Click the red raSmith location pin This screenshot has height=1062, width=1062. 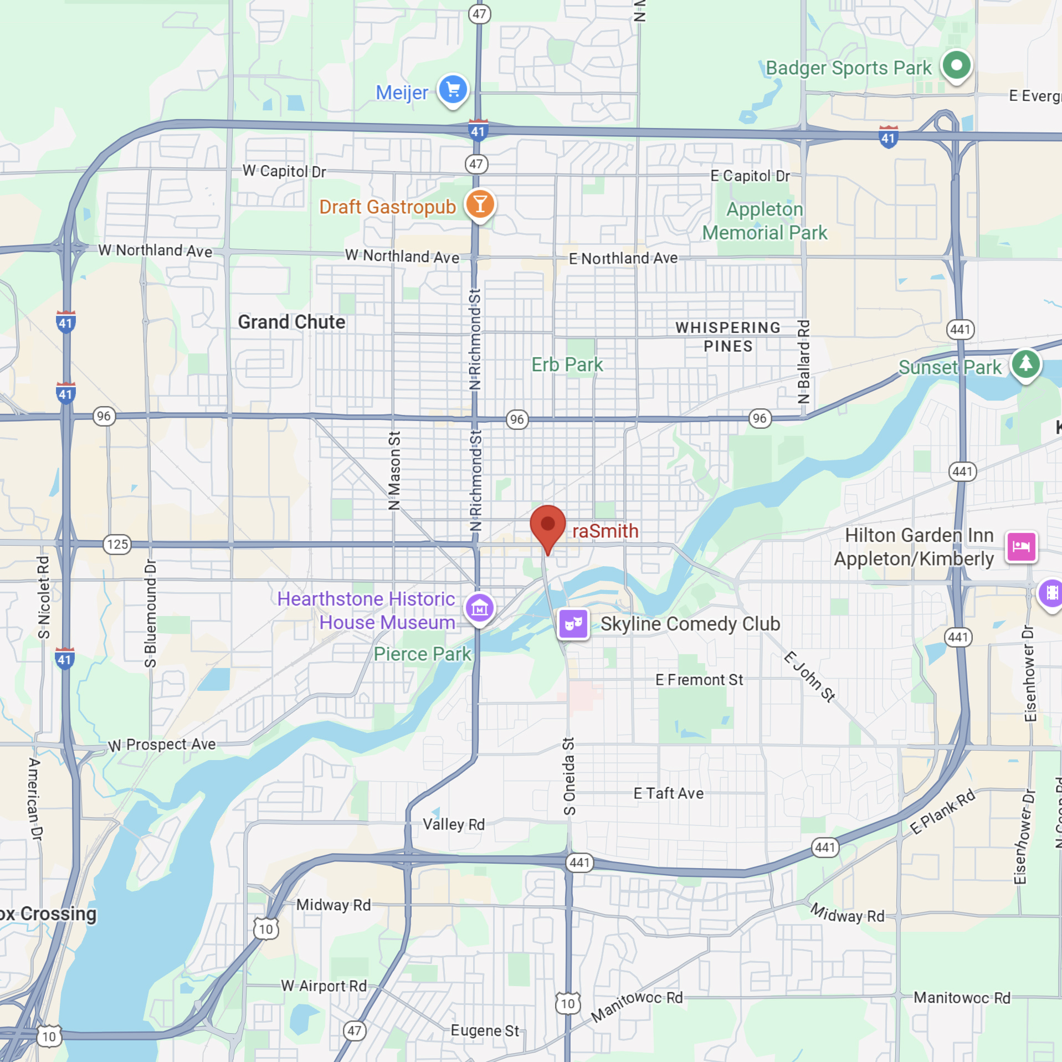coord(547,525)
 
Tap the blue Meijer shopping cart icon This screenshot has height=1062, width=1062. coord(453,90)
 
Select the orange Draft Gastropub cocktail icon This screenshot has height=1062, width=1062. coord(480,204)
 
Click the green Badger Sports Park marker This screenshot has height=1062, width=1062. coord(956,65)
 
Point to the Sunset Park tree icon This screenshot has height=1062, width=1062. coord(1025,364)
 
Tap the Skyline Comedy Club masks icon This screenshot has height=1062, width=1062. coord(573,624)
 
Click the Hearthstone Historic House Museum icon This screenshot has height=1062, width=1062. coord(479,608)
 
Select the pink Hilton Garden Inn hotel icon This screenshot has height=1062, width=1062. coord(1021,546)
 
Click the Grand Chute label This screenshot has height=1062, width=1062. coord(291,322)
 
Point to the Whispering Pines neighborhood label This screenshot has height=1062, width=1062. coord(728,336)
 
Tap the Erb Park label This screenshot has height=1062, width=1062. coord(567,365)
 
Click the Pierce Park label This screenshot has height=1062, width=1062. coord(422,654)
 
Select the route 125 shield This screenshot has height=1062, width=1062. coord(117,544)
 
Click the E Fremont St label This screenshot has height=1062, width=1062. coord(699,680)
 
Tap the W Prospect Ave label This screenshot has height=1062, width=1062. coord(162,745)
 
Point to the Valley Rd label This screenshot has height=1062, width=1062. coord(454,824)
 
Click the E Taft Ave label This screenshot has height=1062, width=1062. coord(669,793)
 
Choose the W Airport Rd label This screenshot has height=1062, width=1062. coord(324,986)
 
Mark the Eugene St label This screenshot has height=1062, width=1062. coord(485,1030)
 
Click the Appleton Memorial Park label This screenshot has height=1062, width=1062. coord(765,221)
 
